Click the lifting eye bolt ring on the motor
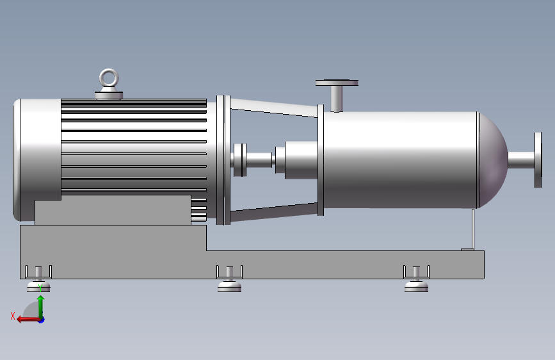109,78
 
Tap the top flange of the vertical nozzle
336,83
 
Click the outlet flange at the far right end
537,160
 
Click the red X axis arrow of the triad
26,319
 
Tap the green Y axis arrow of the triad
40,305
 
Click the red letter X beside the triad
12,315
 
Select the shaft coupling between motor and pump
240,160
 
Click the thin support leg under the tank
472,229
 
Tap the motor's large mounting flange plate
223,160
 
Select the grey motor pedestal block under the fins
112,209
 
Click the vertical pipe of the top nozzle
336,98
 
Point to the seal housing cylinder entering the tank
298,160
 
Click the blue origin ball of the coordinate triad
41,319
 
